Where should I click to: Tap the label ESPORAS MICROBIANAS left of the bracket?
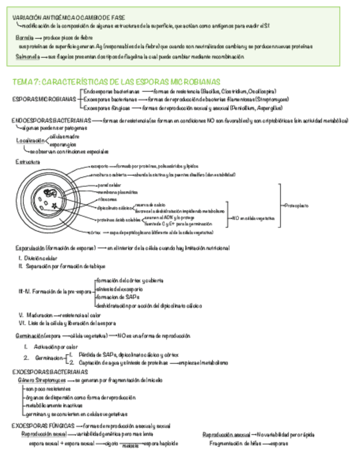point(44,99)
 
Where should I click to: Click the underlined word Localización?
point(30,140)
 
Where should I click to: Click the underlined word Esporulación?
point(30,248)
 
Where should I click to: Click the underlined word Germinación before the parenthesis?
point(30,335)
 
